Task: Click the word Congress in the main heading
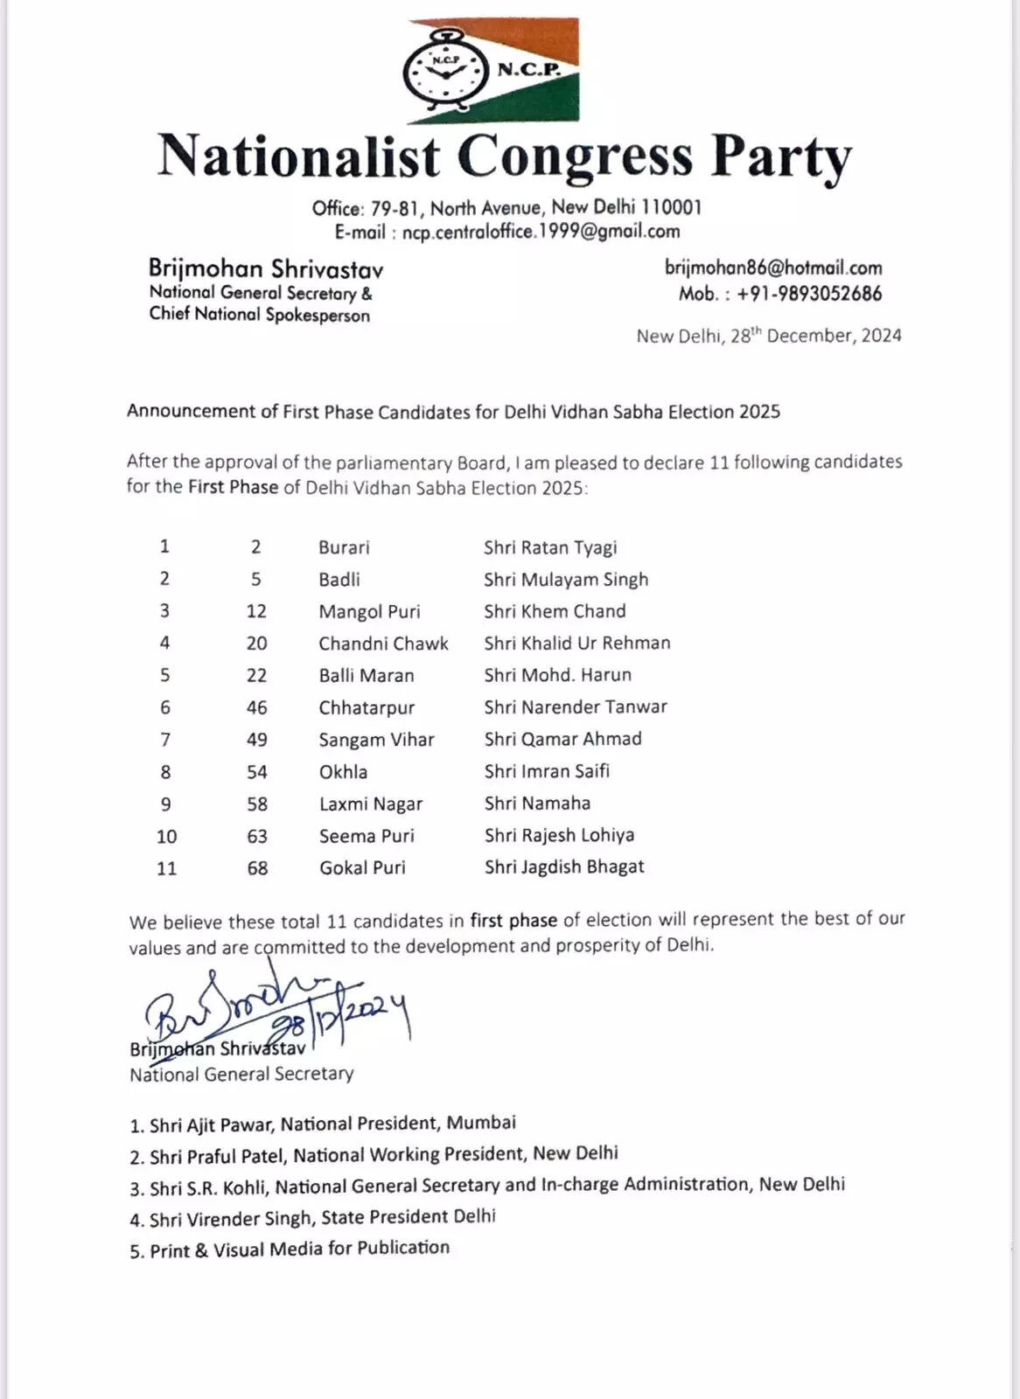tap(575, 157)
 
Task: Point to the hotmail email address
tap(773, 268)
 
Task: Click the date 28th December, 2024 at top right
tap(769, 336)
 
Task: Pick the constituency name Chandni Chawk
tap(383, 644)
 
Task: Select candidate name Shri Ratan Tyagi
tap(550, 547)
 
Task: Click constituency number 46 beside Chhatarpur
tap(256, 707)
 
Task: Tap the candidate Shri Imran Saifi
tap(547, 771)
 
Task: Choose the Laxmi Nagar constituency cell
tap(370, 804)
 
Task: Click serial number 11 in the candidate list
tap(166, 868)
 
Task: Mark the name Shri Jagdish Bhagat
tap(564, 867)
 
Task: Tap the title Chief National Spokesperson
tap(259, 315)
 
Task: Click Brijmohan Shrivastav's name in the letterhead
tap(265, 268)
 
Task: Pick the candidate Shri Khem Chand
tap(555, 611)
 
